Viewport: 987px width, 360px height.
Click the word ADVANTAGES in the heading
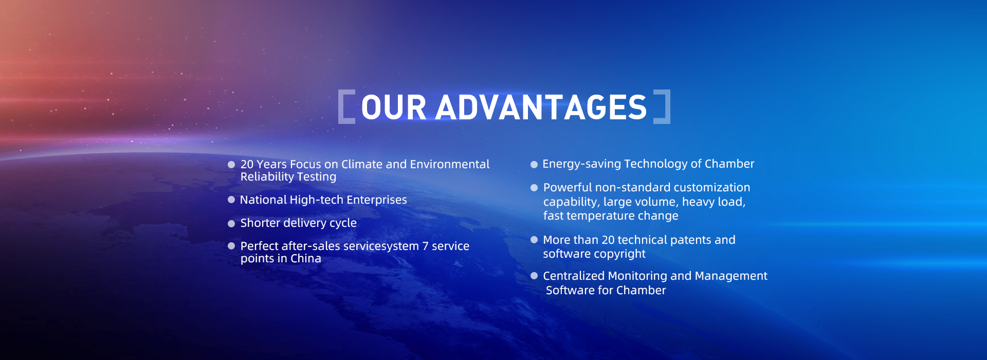coord(541,107)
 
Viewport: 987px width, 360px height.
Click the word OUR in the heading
coord(394,107)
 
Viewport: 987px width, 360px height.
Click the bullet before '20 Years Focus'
coord(231,165)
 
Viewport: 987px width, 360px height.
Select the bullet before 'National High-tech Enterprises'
coord(231,200)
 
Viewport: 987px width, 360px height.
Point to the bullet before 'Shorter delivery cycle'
coord(231,223)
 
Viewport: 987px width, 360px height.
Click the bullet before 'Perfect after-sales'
coord(231,246)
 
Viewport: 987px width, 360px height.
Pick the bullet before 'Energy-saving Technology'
coord(534,165)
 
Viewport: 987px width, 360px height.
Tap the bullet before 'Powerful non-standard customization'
coord(534,188)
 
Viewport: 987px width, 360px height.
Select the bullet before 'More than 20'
coord(534,240)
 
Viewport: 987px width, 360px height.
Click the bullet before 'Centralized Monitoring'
coord(534,276)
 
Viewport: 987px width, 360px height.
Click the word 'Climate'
coord(362,164)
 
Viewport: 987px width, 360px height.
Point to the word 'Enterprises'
coord(377,200)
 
